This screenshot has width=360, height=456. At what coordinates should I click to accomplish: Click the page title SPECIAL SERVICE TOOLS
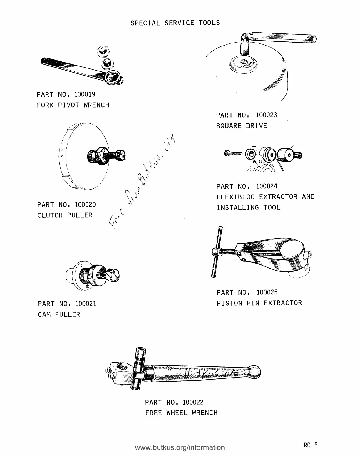tap(175, 23)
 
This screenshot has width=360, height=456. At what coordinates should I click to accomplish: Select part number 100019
tap(85, 94)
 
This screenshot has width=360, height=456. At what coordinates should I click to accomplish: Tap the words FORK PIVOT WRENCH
tap(73, 105)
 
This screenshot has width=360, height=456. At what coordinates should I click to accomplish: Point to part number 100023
tap(266, 115)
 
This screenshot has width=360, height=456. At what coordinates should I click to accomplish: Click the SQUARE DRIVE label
tap(242, 126)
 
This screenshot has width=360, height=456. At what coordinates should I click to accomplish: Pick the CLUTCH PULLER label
tap(65, 215)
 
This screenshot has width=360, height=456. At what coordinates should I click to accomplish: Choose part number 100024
tap(267, 186)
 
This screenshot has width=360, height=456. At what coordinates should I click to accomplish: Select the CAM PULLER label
tap(59, 314)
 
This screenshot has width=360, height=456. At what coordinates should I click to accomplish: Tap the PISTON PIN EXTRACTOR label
tap(259, 303)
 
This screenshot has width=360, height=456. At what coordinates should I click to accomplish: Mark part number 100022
tap(193, 402)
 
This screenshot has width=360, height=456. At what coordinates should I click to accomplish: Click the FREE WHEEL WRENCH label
tap(181, 413)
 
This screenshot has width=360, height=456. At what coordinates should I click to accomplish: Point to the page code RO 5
tap(311, 445)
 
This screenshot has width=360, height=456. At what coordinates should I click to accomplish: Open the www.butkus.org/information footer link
tap(180, 447)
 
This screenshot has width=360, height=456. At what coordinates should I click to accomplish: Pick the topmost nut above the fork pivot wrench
tap(103, 51)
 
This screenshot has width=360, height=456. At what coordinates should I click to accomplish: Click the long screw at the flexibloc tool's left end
tap(233, 153)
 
